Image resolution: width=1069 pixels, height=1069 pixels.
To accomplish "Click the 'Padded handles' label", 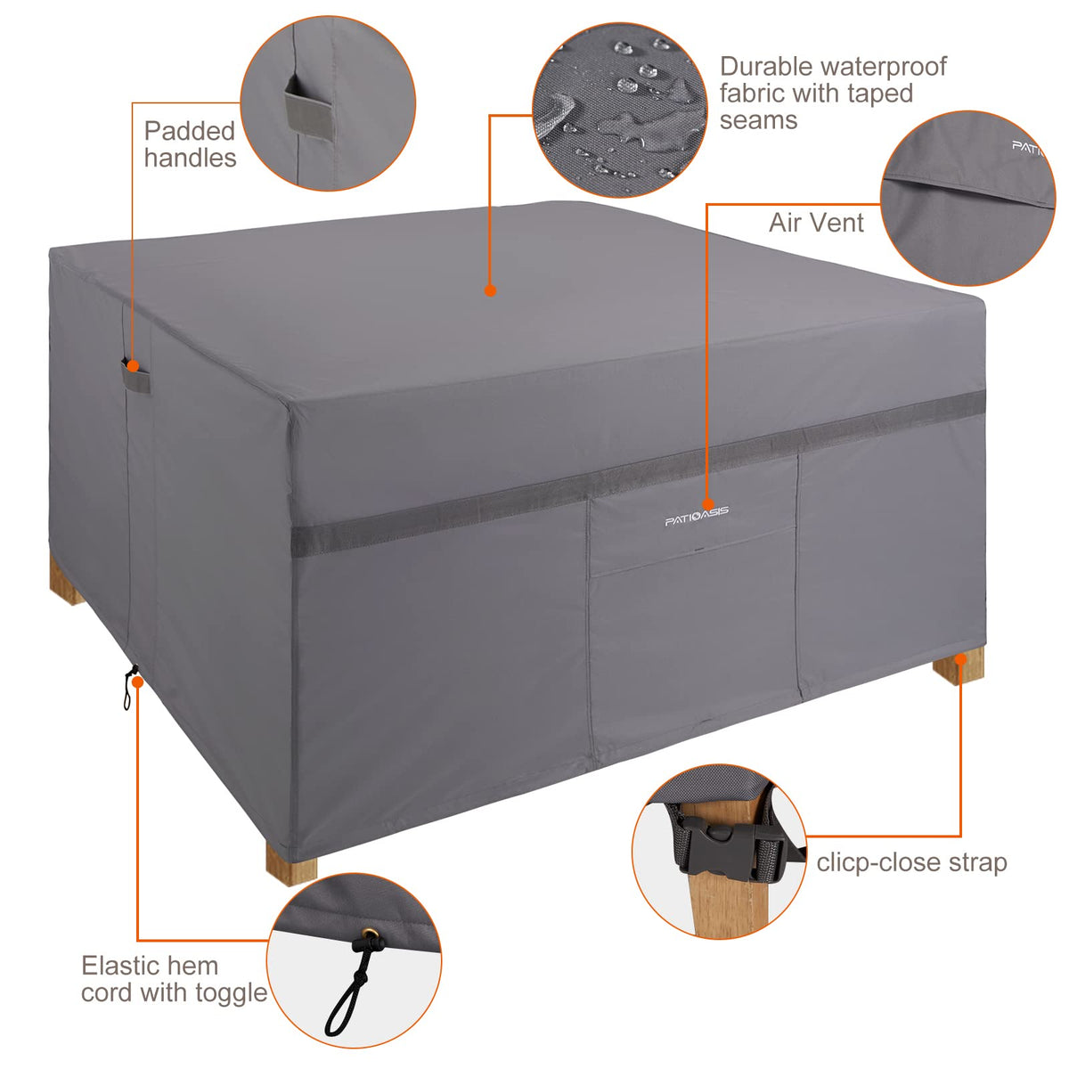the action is (x=191, y=144).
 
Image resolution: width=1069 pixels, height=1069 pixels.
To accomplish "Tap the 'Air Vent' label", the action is (x=815, y=223).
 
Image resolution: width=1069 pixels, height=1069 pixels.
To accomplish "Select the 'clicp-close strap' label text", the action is (x=911, y=862).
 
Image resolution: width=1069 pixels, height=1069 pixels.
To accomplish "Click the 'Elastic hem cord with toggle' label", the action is (x=175, y=979).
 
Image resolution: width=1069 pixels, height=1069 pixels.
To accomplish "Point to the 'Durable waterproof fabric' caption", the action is (x=833, y=94).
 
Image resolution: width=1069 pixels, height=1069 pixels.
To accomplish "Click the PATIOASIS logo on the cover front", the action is (x=697, y=516).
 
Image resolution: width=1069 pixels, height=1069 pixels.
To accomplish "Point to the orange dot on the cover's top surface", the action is (x=490, y=290).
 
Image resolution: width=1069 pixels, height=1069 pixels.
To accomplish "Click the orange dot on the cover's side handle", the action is (x=133, y=366).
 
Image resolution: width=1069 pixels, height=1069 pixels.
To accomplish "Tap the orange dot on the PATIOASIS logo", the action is (x=707, y=504).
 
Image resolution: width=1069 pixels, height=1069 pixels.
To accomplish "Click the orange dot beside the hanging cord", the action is (x=138, y=681).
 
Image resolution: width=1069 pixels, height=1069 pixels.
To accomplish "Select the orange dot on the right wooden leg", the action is (x=961, y=659).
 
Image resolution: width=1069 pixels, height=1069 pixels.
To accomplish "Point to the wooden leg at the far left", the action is (x=65, y=580).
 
